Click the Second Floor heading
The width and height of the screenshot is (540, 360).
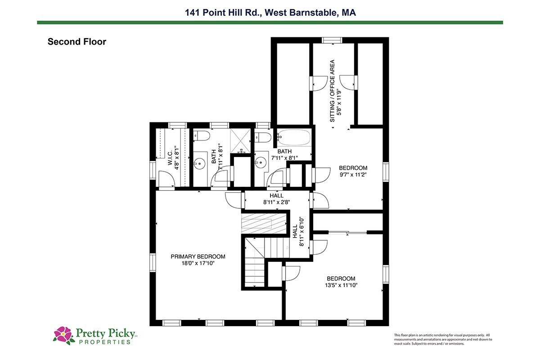click(x=76, y=42)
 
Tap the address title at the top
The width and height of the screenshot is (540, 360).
click(x=270, y=13)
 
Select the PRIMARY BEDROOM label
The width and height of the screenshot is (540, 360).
click(x=198, y=256)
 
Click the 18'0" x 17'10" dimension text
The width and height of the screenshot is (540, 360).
click(x=198, y=263)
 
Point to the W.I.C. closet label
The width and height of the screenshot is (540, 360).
click(x=170, y=157)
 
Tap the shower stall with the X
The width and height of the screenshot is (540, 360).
click(x=241, y=141)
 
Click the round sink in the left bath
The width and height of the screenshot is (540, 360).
click(x=200, y=164)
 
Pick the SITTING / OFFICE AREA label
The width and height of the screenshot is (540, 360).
click(x=332, y=91)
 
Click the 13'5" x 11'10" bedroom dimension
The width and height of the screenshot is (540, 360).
click(x=341, y=285)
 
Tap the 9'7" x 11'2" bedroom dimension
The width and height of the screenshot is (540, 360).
click(x=353, y=175)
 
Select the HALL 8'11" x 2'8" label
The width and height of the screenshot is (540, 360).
click(x=276, y=199)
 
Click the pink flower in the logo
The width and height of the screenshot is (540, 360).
click(x=63, y=334)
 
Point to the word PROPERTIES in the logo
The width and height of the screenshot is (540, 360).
click(x=105, y=342)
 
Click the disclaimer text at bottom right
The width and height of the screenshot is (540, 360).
click(x=443, y=339)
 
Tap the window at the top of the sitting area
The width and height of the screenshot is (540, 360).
click(x=332, y=40)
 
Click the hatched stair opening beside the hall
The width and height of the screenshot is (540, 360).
click(x=264, y=224)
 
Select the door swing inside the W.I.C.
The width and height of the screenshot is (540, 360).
click(x=166, y=179)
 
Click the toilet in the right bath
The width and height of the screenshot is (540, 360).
click(x=263, y=137)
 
